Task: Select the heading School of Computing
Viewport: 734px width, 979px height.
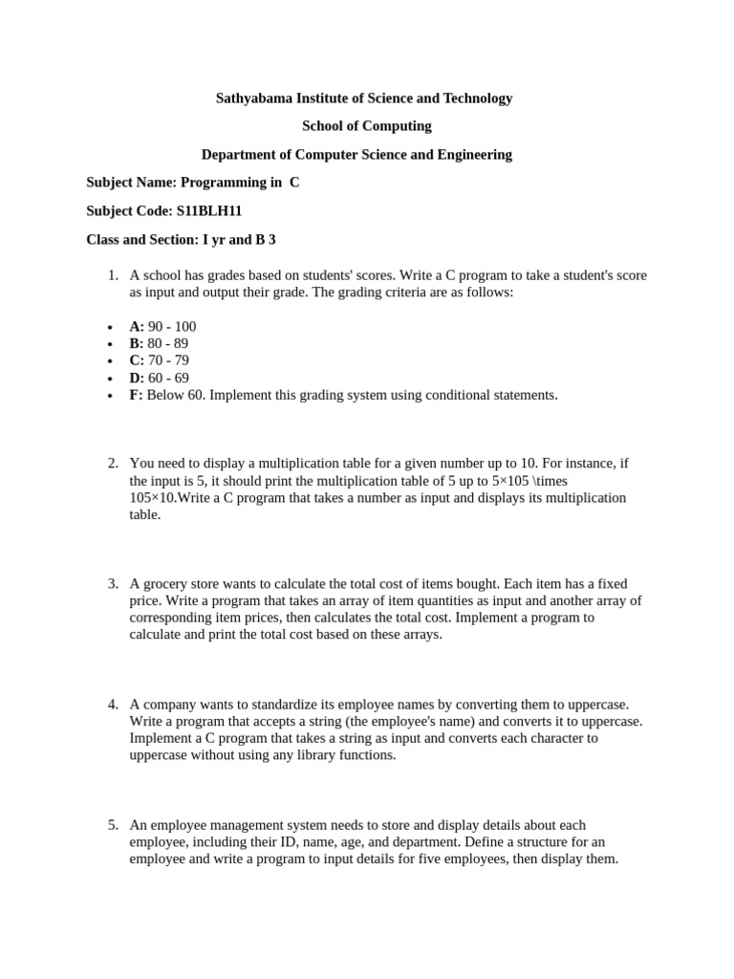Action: [x=366, y=126]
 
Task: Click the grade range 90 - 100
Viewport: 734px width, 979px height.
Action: [x=172, y=326]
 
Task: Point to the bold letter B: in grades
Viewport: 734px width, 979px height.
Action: [x=137, y=343]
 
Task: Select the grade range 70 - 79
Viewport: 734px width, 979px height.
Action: [x=168, y=360]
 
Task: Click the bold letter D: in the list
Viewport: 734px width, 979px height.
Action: [x=137, y=378]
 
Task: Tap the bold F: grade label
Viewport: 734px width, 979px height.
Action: [x=136, y=395]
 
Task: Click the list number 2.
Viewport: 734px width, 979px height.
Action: [x=112, y=464]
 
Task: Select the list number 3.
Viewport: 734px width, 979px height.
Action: [x=112, y=583]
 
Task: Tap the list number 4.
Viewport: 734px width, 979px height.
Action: [x=112, y=705]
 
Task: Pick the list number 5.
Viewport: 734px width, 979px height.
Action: [x=112, y=825]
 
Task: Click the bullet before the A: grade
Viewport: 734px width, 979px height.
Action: [x=109, y=327]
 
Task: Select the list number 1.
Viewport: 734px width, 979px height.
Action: [x=112, y=275]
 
